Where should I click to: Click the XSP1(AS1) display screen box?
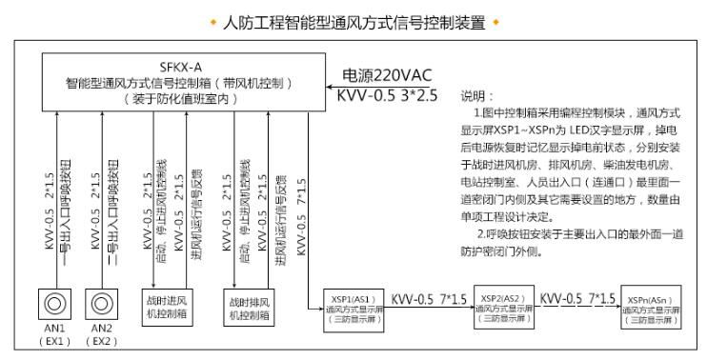coord(354,307)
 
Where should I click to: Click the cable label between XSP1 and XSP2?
coord(429,298)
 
